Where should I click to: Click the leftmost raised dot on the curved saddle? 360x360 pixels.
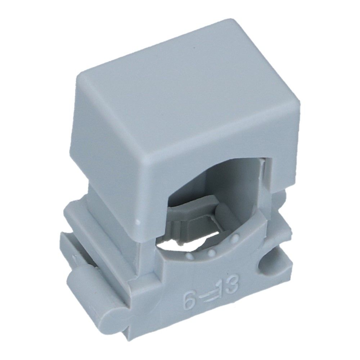click(x=188, y=256)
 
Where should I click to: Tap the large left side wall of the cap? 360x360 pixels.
click(x=112, y=151)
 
